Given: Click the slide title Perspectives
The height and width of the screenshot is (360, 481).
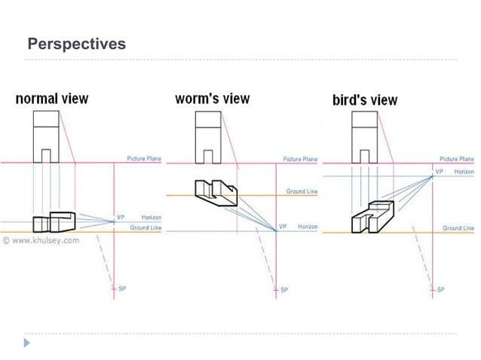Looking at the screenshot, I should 76,44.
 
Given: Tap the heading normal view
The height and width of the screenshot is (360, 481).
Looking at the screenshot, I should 52,99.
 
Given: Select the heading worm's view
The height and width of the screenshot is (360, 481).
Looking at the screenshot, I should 212,99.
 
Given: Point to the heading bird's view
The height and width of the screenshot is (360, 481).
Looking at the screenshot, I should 365,100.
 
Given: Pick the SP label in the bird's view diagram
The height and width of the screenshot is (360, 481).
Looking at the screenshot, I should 440,289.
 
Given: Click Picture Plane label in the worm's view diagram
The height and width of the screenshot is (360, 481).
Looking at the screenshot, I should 301,159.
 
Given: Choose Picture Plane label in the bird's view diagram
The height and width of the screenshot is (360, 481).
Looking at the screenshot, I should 457,159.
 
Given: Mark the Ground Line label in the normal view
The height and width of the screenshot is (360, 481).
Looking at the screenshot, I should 146,227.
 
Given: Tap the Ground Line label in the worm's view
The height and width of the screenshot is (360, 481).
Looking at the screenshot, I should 302,192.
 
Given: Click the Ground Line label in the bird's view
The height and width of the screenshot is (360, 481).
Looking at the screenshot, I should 458,227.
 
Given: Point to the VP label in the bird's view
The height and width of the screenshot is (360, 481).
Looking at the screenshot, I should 439,172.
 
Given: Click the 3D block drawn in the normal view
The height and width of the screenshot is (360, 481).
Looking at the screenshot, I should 55,222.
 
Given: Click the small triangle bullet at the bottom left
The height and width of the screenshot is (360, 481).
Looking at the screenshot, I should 28,343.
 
